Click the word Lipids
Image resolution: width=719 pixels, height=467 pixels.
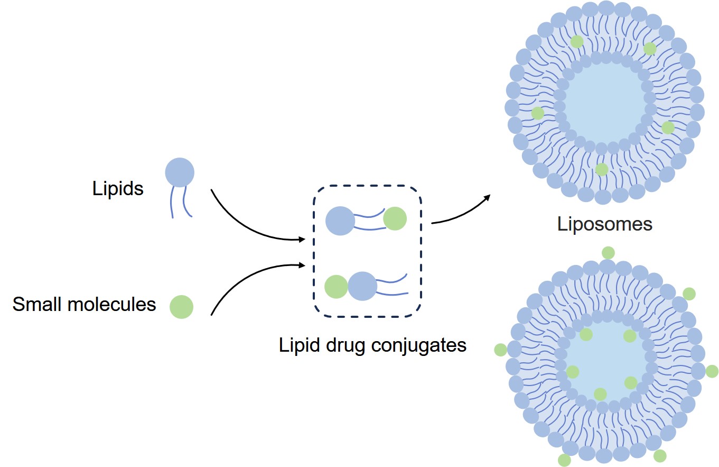(x=118, y=189)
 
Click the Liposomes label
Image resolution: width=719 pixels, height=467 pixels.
(x=605, y=224)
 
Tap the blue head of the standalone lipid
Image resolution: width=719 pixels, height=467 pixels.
(x=180, y=172)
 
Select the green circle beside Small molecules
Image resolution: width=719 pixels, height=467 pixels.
(x=181, y=307)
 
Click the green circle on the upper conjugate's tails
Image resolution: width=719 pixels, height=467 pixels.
(x=395, y=218)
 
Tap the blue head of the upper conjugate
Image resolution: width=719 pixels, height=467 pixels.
(x=340, y=221)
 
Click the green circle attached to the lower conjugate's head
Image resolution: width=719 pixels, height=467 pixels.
(x=335, y=287)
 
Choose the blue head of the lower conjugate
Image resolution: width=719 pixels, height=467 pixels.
(x=362, y=286)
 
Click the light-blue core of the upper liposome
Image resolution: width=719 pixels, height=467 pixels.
(x=605, y=103)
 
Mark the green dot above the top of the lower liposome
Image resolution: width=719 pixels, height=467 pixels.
(x=608, y=253)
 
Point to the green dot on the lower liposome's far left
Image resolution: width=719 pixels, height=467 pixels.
(x=500, y=350)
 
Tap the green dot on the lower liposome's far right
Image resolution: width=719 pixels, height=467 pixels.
(x=712, y=371)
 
